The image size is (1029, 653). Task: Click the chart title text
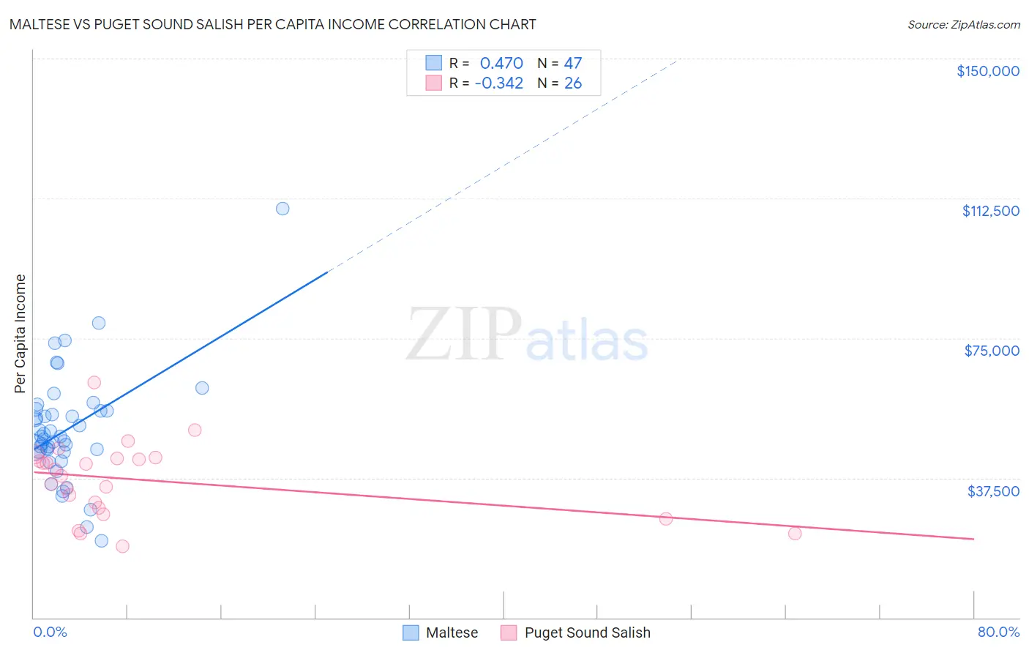point(272,24)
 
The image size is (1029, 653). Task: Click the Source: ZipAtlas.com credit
point(963,24)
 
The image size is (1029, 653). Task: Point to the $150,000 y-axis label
point(987,71)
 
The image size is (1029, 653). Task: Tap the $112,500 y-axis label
point(990,211)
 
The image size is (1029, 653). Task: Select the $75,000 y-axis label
point(992,351)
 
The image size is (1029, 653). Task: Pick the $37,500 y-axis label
point(993,491)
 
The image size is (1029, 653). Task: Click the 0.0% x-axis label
point(50,632)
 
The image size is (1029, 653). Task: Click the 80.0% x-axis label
point(998,632)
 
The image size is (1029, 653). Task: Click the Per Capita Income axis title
point(20,333)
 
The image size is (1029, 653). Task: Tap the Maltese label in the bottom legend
point(452,633)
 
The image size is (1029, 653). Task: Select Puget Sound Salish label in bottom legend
point(587,633)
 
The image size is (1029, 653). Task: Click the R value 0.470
point(501,64)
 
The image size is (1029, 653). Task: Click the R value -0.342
point(498,83)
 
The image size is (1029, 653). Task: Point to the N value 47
point(573,64)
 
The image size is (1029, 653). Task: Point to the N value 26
point(573,83)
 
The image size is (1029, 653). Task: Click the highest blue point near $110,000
point(282,209)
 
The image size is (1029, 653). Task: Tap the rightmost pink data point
point(795,533)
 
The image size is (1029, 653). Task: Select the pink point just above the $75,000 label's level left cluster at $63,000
point(94,382)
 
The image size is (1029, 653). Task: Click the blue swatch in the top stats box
point(434,63)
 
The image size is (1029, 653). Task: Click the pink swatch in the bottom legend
point(509,633)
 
